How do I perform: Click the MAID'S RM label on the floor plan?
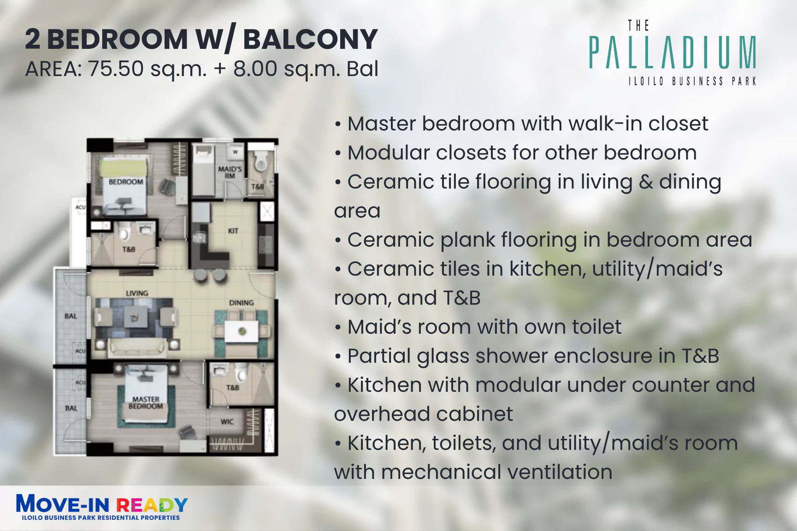click(230, 172)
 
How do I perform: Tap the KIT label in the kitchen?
click(233, 230)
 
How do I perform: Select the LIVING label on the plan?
click(137, 293)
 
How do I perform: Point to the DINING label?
click(242, 303)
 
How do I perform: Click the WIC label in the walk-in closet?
click(227, 422)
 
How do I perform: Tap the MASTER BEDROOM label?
click(146, 402)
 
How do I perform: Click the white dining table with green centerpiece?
click(242, 331)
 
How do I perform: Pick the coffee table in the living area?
click(135, 317)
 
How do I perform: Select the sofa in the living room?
click(137, 347)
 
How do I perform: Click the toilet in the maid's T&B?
click(261, 162)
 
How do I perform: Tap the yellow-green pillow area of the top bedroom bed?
click(124, 167)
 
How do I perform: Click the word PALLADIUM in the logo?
click(673, 53)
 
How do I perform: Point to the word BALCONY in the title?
click(310, 39)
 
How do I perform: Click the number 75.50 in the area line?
click(116, 69)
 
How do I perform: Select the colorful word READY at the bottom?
click(152, 505)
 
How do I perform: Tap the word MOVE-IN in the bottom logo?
click(63, 503)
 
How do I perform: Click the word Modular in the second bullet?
click(389, 153)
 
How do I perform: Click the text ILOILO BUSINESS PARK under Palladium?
click(692, 82)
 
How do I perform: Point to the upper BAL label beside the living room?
click(71, 316)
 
